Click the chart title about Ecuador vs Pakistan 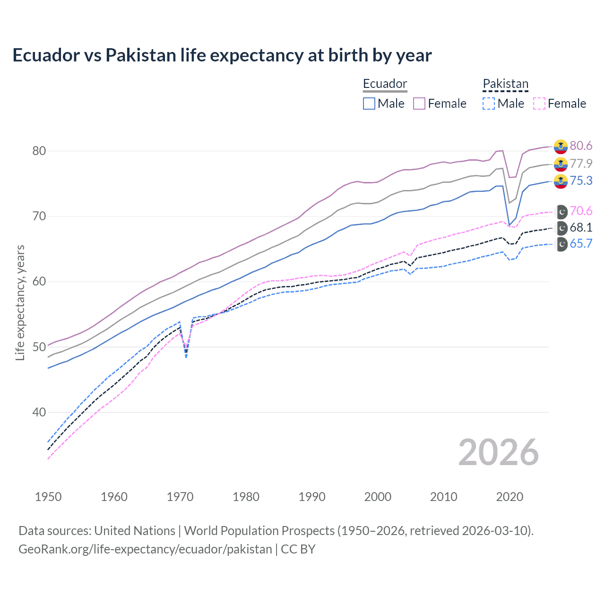click(x=222, y=55)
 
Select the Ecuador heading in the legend click(x=385, y=84)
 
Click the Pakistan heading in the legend click(x=505, y=84)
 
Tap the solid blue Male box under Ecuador click(x=369, y=104)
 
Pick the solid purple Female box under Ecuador click(x=419, y=104)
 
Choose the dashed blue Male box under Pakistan click(x=489, y=104)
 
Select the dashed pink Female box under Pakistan click(x=539, y=104)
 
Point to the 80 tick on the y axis click(x=39, y=151)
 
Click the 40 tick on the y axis click(x=39, y=412)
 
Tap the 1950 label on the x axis click(x=48, y=497)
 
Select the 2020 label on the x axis click(x=510, y=497)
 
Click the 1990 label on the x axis click(x=312, y=497)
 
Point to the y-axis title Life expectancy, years click(x=20, y=302)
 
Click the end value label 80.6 click(x=581, y=146)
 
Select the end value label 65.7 click(x=581, y=243)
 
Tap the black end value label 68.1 click(x=581, y=227)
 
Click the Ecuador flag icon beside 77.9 click(x=561, y=164)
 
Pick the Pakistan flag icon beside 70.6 click(x=561, y=211)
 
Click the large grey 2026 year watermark click(x=499, y=452)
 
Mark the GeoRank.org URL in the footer click(x=145, y=549)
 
